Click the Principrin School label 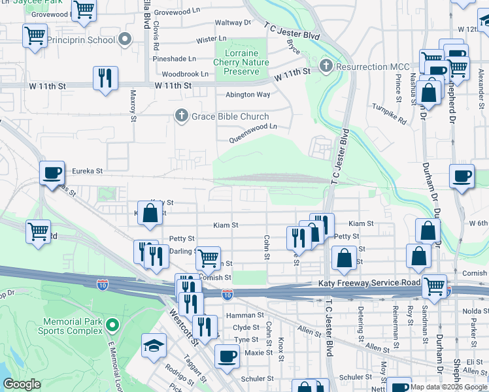coord(83,40)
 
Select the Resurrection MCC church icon coord(326,66)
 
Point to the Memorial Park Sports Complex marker coord(113,324)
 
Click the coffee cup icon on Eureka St coord(52,174)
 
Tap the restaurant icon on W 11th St coord(105,78)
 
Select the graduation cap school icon coord(154,346)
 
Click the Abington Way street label coord(248,95)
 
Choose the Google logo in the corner coord(22,384)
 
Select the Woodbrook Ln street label coord(185,74)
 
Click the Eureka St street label coord(88,171)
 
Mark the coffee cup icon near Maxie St coord(227,357)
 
